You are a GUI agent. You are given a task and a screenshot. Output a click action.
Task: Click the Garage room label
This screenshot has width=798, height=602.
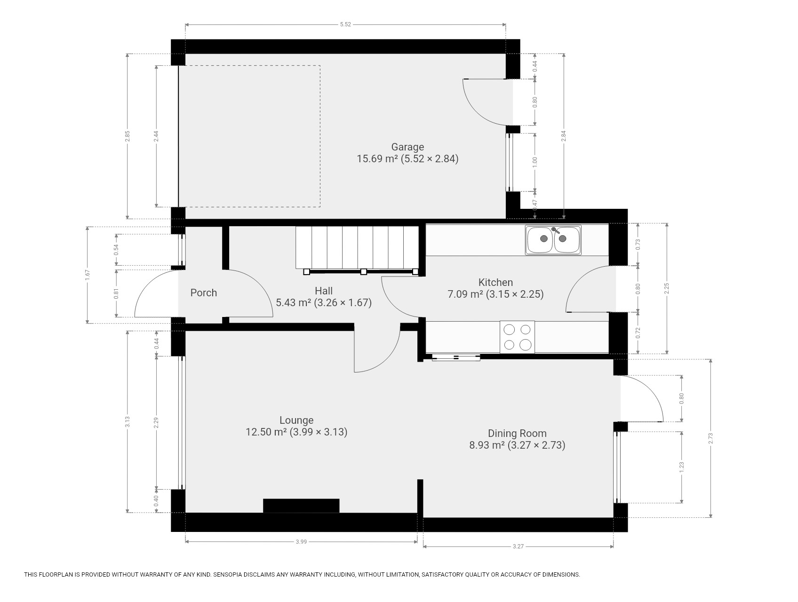pos(407,147)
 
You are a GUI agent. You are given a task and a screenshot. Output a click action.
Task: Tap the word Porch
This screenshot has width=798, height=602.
pos(204,293)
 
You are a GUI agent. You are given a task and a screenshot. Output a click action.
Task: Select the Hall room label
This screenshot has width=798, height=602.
pos(324,291)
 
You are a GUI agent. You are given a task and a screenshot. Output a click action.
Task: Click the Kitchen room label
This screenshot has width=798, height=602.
pos(495,282)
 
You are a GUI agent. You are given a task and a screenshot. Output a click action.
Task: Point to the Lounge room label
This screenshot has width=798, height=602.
pos(296,420)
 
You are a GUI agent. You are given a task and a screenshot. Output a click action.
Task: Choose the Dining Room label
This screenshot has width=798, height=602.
pos(517,433)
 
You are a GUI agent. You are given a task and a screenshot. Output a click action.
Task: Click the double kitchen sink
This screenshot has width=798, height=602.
pos(553,240)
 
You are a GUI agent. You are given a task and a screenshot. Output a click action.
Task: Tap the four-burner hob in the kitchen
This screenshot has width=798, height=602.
pos(518,337)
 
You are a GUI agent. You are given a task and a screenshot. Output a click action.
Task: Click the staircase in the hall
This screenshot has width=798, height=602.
pos(357,250)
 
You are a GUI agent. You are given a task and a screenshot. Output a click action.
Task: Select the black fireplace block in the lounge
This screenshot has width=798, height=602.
pos(301,506)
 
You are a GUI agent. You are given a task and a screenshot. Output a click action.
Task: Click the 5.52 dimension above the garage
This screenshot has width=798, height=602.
pos(345,24)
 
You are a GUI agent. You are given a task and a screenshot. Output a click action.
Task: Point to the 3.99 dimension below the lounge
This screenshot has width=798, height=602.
pos(301,542)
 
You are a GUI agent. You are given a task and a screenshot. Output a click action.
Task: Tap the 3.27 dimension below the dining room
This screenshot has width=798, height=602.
pos(518,547)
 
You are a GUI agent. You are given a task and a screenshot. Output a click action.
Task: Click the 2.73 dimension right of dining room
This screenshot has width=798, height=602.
pos(711,438)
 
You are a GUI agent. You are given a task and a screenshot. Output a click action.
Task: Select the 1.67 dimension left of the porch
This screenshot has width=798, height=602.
pos(88,275)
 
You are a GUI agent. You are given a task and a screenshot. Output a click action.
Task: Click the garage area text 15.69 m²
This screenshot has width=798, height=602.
pos(377,158)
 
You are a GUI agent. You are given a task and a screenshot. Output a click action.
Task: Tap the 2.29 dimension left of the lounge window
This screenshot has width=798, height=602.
pos(157,423)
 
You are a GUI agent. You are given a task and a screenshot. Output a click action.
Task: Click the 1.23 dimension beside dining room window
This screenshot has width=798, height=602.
pos(682,467)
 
